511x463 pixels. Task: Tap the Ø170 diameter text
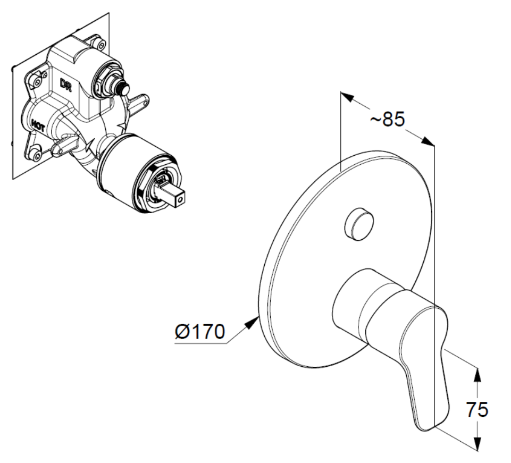[x=198, y=333]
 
